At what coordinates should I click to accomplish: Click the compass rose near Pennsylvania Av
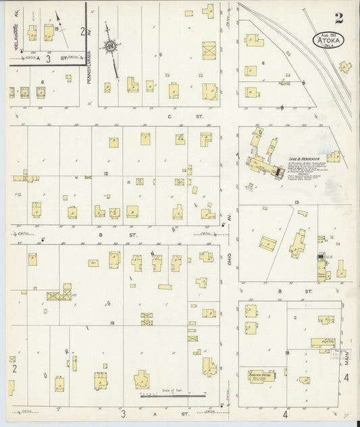point(109,46)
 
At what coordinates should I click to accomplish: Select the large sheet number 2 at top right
point(337,18)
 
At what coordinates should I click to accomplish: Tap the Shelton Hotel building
point(261,376)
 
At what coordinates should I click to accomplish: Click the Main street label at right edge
point(347,356)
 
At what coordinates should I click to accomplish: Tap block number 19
point(111,324)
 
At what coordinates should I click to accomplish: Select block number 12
point(106,174)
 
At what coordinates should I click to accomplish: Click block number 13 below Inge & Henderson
point(296,202)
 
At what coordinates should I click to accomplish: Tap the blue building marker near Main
point(320,257)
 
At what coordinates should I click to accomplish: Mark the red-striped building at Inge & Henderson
point(278,173)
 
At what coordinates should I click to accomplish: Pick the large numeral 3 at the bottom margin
point(123,413)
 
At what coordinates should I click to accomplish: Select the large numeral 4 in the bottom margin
point(285,413)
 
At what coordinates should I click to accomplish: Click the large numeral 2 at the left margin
point(13,369)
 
